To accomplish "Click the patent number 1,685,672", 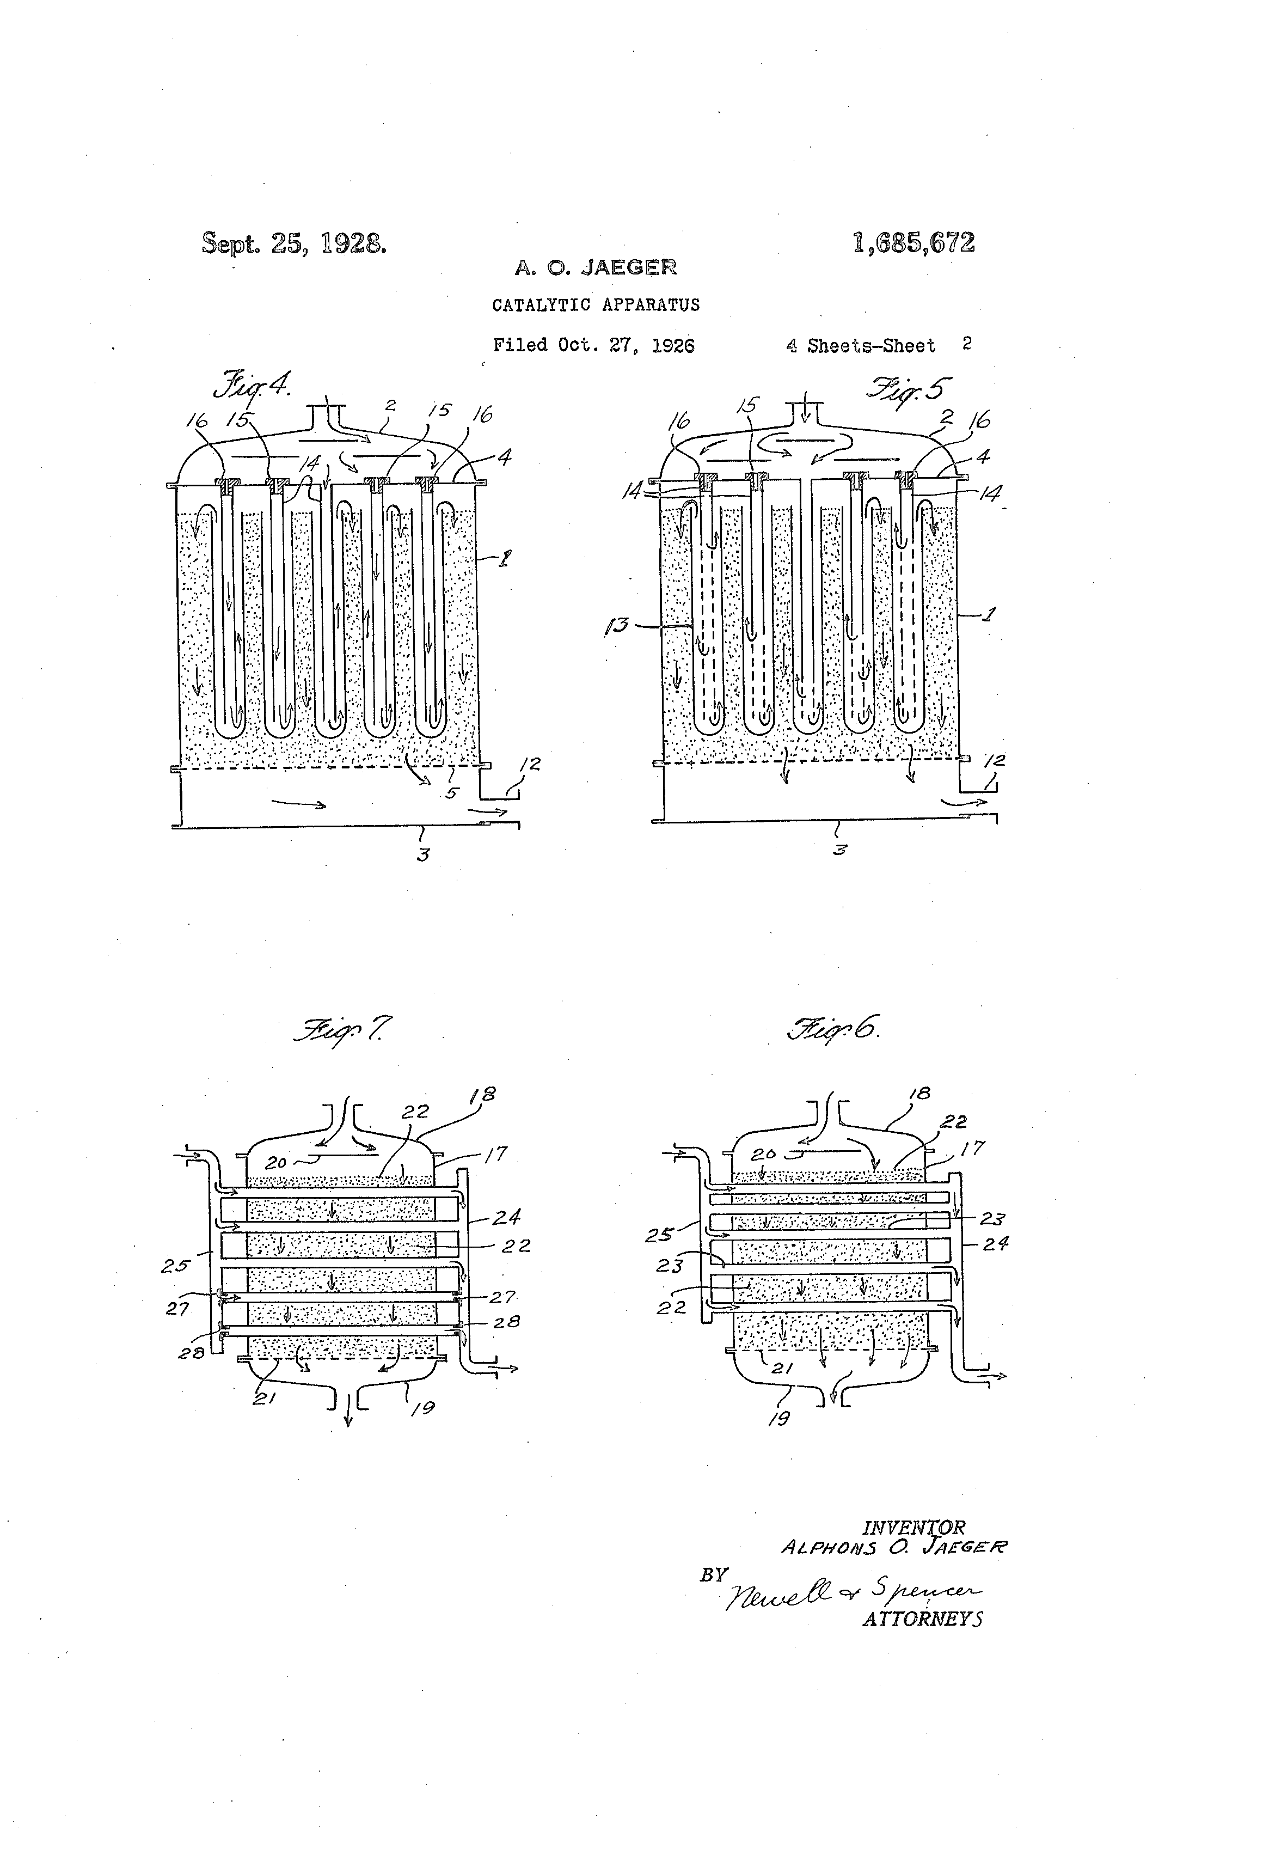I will point(913,243).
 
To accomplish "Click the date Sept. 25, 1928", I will point(294,243).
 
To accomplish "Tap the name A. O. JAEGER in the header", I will point(596,267).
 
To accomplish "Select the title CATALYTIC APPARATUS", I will point(596,305).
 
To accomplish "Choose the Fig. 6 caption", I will point(833,1028).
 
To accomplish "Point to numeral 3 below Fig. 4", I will point(423,854).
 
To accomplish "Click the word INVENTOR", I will point(913,1528).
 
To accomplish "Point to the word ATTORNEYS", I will point(922,1619).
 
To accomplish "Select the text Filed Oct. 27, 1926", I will point(593,345).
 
